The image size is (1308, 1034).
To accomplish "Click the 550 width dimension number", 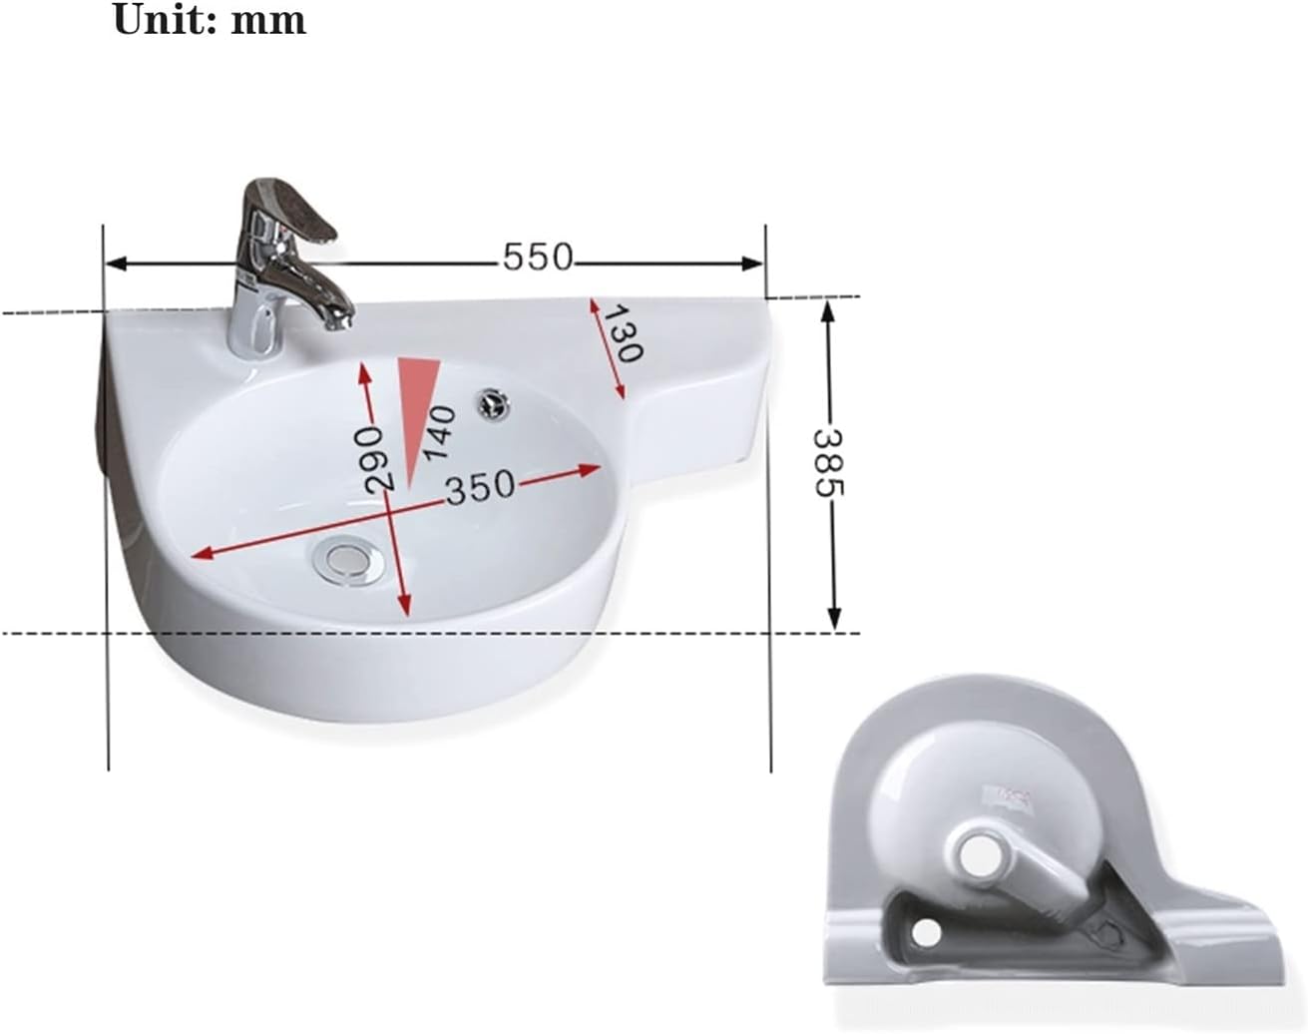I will click(x=538, y=258).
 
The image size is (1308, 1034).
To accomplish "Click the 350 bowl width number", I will click(x=479, y=488).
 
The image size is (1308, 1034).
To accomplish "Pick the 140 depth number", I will click(x=439, y=432).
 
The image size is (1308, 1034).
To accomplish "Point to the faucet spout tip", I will click(x=340, y=318).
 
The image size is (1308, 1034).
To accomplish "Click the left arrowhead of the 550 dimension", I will click(x=116, y=263).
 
